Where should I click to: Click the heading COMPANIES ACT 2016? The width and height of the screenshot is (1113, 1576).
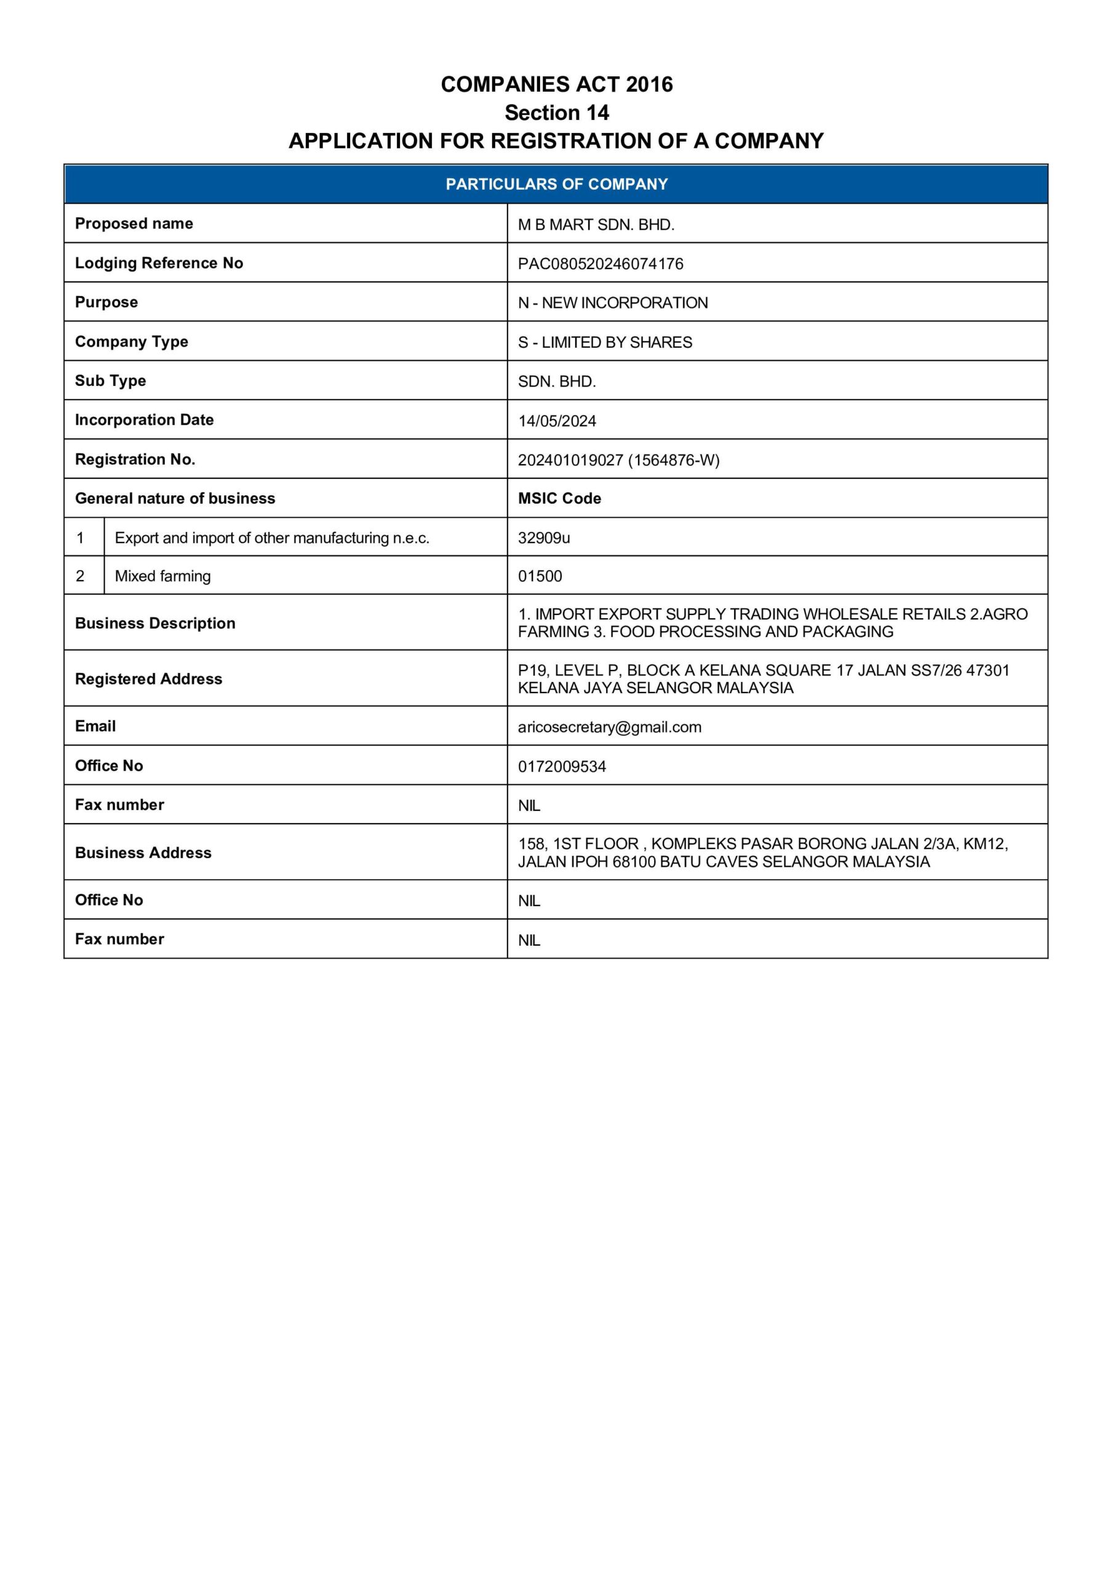pyautogui.click(x=556, y=84)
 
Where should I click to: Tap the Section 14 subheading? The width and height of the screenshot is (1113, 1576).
pyautogui.click(x=556, y=113)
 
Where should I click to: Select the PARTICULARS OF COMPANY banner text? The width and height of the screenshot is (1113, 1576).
pyautogui.click(x=556, y=184)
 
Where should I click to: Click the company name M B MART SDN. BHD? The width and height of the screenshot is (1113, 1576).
pyautogui.click(x=596, y=225)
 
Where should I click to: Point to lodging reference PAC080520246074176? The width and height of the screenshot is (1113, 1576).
pyautogui.click(x=600, y=263)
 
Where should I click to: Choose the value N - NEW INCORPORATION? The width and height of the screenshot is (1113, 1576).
pyautogui.click(x=613, y=303)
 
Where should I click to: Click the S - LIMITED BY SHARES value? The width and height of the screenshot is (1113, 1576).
pyautogui.click(x=605, y=342)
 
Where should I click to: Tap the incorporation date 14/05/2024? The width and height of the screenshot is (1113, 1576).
pyautogui.click(x=556, y=420)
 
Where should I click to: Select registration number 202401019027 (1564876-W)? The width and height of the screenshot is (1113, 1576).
pyautogui.click(x=618, y=460)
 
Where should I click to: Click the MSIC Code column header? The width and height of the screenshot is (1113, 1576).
pyautogui.click(x=559, y=498)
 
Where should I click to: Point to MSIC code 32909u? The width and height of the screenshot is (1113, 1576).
pyautogui.click(x=543, y=537)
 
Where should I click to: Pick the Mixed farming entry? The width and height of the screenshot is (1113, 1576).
pyautogui.click(x=162, y=576)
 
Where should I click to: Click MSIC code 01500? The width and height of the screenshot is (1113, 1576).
pyautogui.click(x=540, y=576)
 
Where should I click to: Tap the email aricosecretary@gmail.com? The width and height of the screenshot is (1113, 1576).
pyautogui.click(x=609, y=727)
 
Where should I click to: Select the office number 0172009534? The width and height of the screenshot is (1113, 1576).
pyautogui.click(x=561, y=766)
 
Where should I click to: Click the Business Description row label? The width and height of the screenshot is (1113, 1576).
pyautogui.click(x=155, y=622)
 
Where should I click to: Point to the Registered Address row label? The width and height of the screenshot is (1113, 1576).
pyautogui.click(x=148, y=679)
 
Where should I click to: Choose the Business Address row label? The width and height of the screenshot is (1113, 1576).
pyautogui.click(x=143, y=853)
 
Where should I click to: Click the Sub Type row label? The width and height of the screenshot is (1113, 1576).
pyautogui.click(x=111, y=381)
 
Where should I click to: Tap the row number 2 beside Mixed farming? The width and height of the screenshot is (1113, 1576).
pyautogui.click(x=80, y=576)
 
